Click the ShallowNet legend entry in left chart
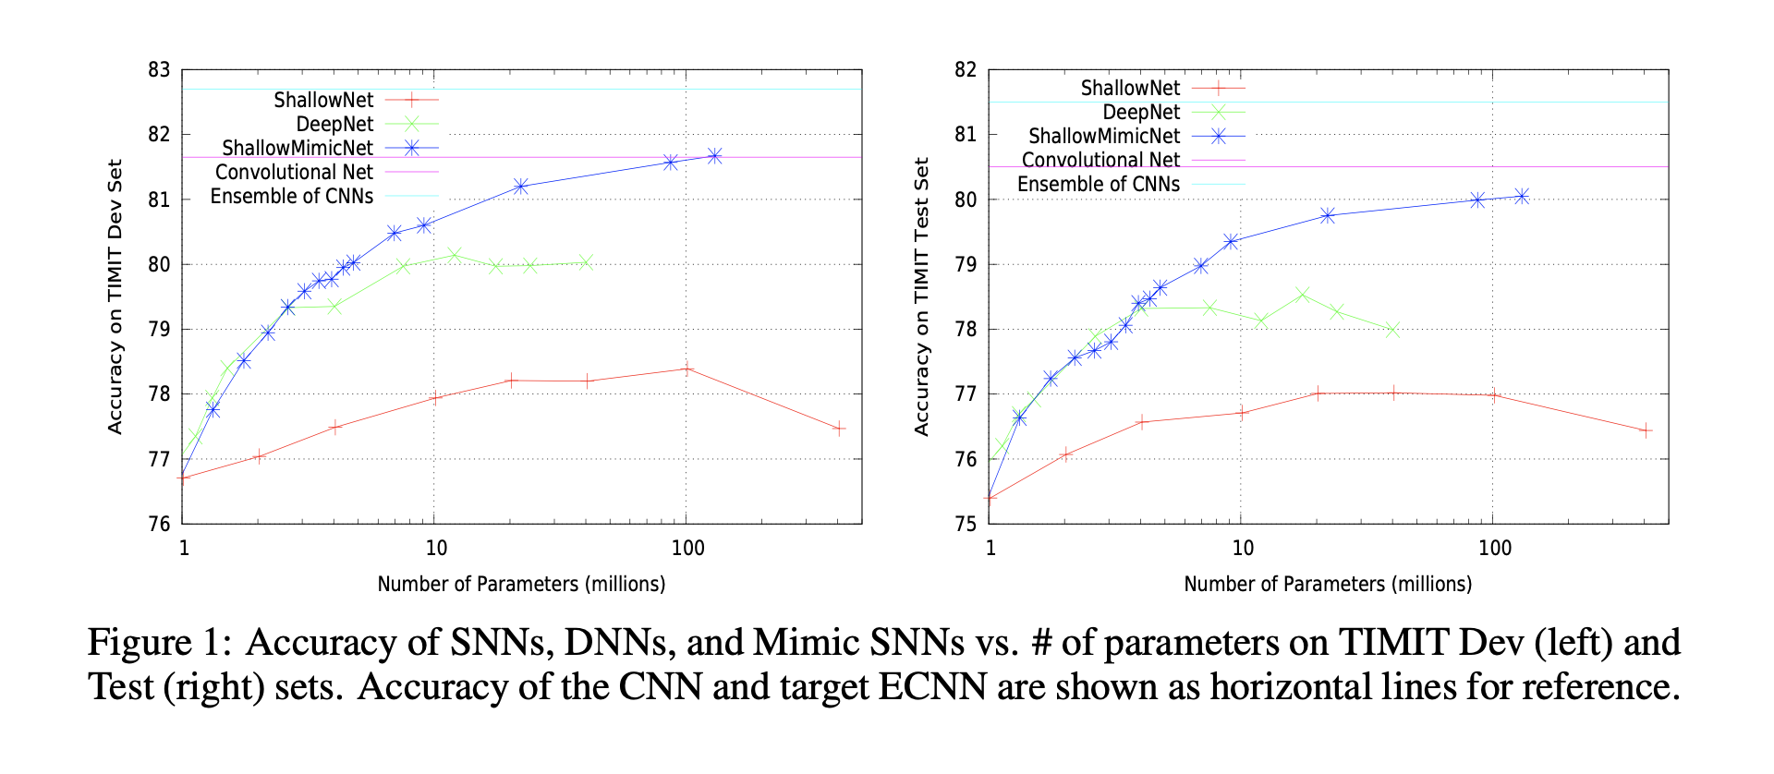[x=323, y=100]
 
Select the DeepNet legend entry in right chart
[x=1141, y=113]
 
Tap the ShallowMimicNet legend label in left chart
[x=298, y=148]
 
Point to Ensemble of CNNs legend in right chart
[x=1098, y=185]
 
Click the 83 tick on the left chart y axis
[x=159, y=70]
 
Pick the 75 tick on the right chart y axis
[x=966, y=524]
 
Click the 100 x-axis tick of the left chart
[x=687, y=549]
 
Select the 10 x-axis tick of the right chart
[x=1243, y=549]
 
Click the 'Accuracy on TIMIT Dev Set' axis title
[x=115, y=296]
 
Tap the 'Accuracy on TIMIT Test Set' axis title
[x=921, y=296]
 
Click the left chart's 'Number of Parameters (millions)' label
[x=521, y=585]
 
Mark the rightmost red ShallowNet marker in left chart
[x=839, y=429]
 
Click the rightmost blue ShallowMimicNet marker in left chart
[x=714, y=156]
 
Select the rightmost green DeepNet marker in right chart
[x=1392, y=330]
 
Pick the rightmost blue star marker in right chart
[x=1521, y=196]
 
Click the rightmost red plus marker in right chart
[x=1646, y=430]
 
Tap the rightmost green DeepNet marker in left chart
[x=585, y=262]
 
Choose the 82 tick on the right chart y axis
[x=966, y=70]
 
